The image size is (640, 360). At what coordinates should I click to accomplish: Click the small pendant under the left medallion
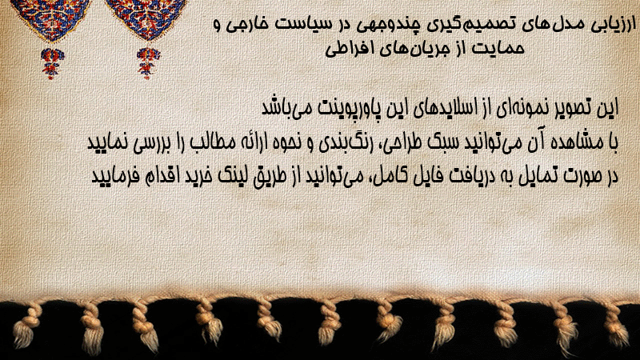point(51,63)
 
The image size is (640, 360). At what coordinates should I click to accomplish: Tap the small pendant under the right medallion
point(148,63)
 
